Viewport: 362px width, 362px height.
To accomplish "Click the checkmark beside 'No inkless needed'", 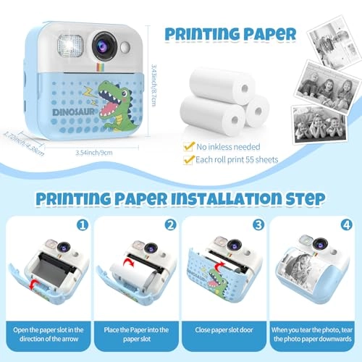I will click(188, 146).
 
